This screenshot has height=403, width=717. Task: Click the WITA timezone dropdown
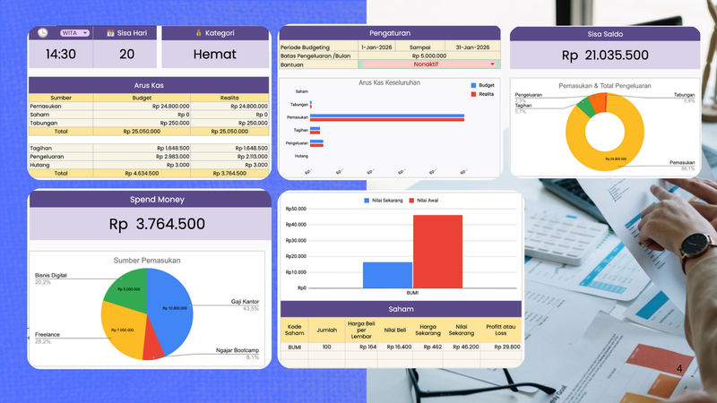(74, 33)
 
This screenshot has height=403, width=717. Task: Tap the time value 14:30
(60, 54)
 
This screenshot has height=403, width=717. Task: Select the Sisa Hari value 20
(126, 54)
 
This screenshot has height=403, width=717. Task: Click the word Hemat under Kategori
(215, 54)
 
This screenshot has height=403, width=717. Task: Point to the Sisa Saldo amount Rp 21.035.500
(605, 56)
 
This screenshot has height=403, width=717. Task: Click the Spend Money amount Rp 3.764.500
(157, 224)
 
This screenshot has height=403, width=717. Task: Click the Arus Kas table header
(149, 86)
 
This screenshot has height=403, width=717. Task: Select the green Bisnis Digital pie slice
(126, 287)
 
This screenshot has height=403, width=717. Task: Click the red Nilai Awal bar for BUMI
(437, 252)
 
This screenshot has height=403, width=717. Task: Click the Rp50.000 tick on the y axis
(295, 209)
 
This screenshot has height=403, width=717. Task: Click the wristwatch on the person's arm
(694, 243)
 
